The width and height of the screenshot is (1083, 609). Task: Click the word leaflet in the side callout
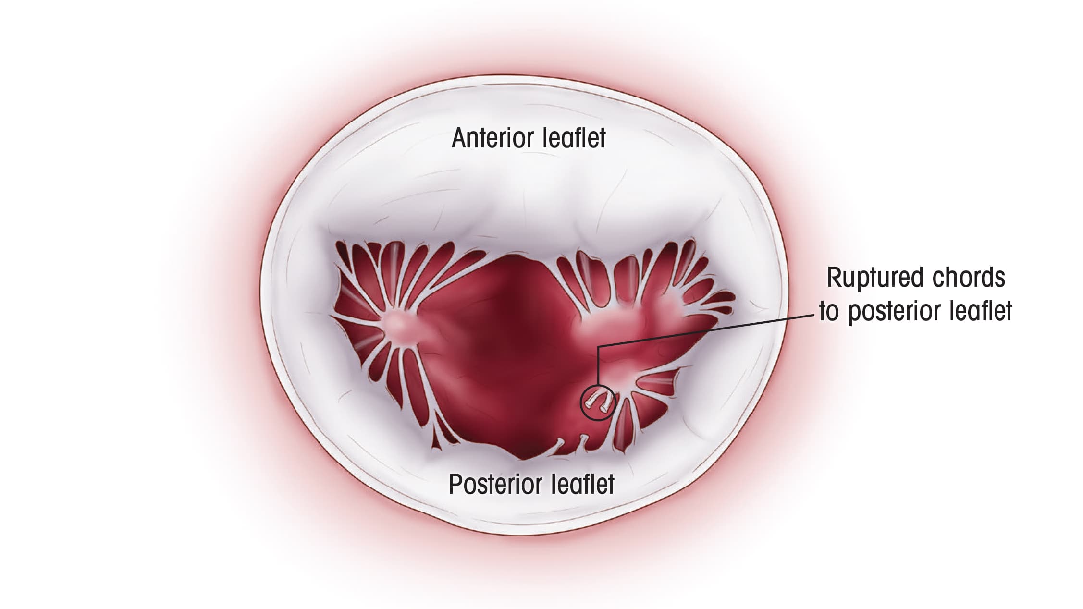[981, 312]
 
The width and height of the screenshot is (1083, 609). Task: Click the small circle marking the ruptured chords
[598, 402]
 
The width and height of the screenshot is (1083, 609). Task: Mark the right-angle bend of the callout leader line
[598, 347]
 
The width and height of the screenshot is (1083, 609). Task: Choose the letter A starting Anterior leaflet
[459, 138]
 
